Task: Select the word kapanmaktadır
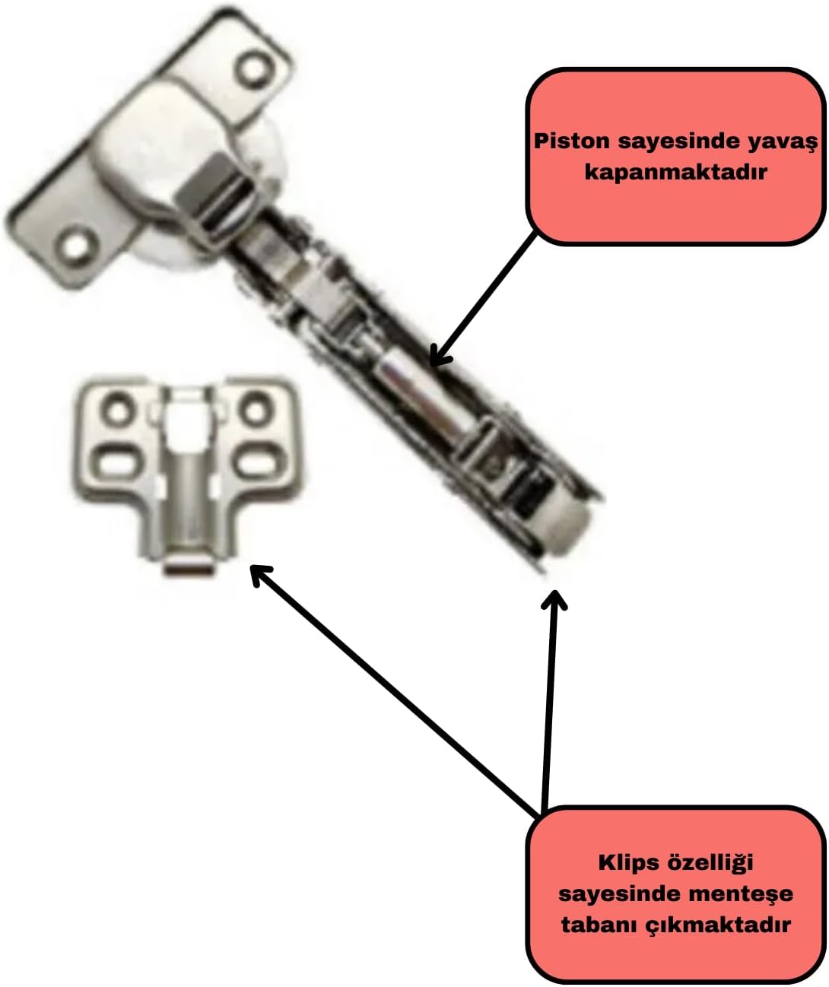[x=675, y=173]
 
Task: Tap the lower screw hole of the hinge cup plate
[x=77, y=246]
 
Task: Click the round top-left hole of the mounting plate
[x=118, y=407]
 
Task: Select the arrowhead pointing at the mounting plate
[x=261, y=574]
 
